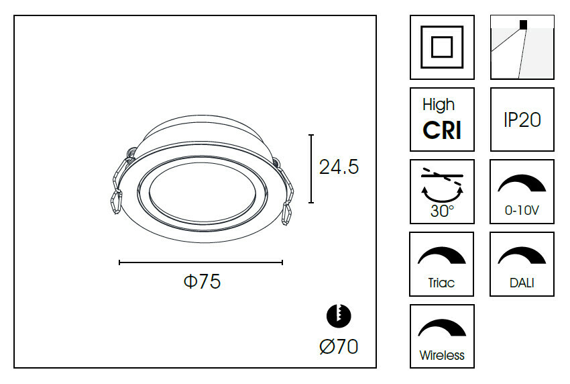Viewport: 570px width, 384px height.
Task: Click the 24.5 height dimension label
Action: pyautogui.click(x=339, y=167)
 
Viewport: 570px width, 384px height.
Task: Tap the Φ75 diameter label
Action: pyautogui.click(x=202, y=281)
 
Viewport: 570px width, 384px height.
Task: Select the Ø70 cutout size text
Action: pyautogui.click(x=339, y=346)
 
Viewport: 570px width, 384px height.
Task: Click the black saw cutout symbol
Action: pyautogui.click(x=339, y=316)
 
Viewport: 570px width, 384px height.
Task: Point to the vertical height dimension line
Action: pyautogui.click(x=311, y=169)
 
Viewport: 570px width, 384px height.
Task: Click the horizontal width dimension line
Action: pyautogui.click(x=201, y=262)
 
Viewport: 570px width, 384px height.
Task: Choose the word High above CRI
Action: pyautogui.click(x=439, y=105)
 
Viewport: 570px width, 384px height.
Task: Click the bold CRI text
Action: pyautogui.click(x=442, y=130)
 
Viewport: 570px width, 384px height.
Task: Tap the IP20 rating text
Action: pyautogui.click(x=522, y=119)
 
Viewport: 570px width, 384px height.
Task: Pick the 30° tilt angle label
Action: pyautogui.click(x=442, y=211)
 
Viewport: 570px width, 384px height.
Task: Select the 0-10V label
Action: pyautogui.click(x=522, y=210)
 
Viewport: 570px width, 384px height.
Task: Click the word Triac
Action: pyautogui.click(x=441, y=283)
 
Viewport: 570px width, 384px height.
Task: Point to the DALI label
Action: pyautogui.click(x=522, y=283)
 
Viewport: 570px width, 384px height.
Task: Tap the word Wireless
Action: pyautogui.click(x=442, y=355)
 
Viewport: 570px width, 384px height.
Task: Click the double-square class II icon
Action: pyautogui.click(x=442, y=47)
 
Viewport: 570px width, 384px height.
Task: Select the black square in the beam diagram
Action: pyautogui.click(x=523, y=24)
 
